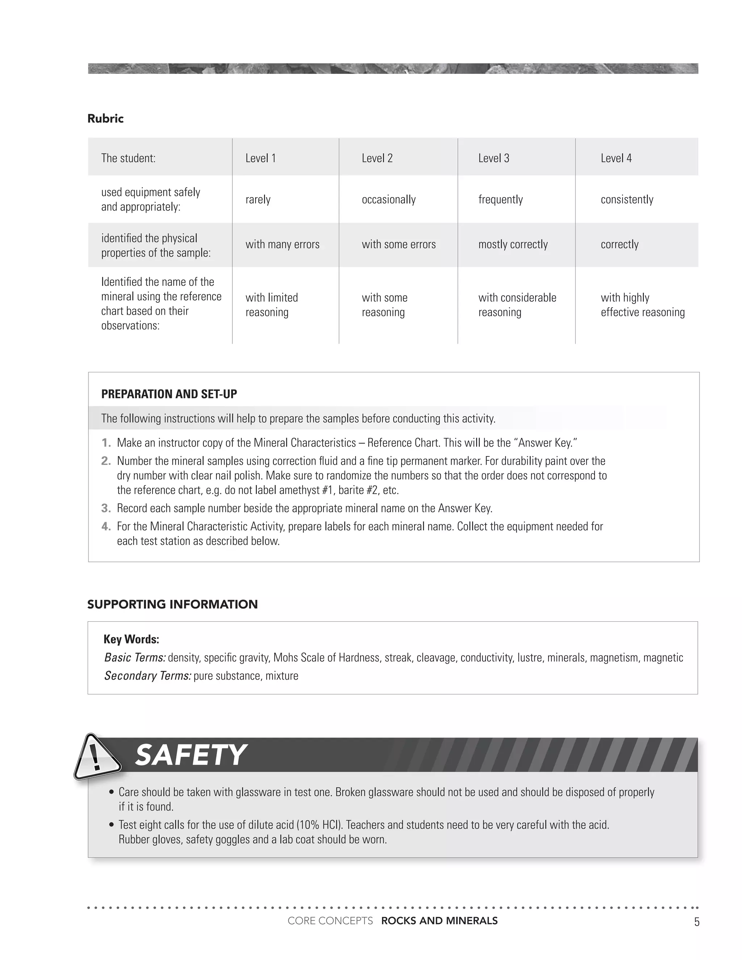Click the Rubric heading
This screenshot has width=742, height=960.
(105, 119)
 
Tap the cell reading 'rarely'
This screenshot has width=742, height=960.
(258, 200)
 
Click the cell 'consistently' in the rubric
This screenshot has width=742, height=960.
(627, 200)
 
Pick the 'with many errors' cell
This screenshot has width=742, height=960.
(282, 245)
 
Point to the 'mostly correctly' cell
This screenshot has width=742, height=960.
(513, 245)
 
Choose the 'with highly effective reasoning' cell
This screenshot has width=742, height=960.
(642, 305)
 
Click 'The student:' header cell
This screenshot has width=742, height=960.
(128, 158)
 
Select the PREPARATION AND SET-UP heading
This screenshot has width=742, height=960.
(169, 394)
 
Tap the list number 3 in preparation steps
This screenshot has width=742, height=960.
(106, 508)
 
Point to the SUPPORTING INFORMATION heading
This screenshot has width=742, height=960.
(172, 604)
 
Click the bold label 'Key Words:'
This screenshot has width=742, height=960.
(132, 639)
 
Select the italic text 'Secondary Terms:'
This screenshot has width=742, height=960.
(148, 676)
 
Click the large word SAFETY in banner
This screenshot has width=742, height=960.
(190, 756)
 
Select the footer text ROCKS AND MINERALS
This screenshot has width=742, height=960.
(439, 921)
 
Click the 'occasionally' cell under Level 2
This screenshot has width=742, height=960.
(389, 200)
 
